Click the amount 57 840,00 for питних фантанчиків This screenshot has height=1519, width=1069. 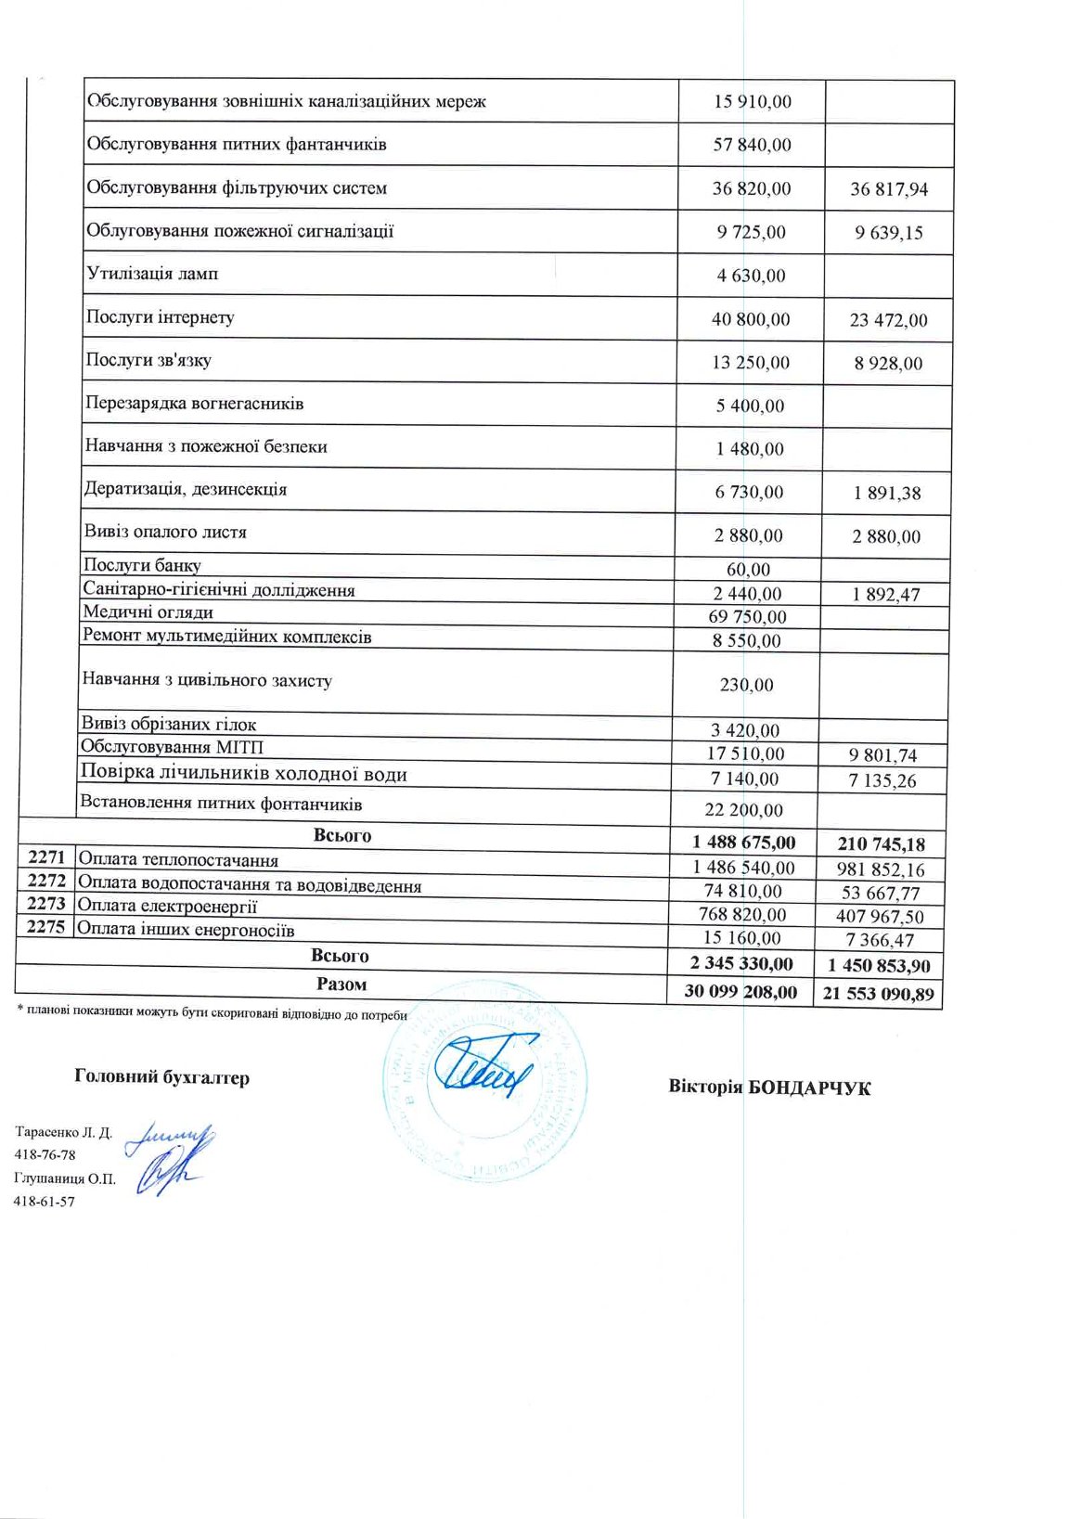point(752,145)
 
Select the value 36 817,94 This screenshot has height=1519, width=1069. point(888,189)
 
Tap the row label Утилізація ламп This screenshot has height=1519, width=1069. point(152,274)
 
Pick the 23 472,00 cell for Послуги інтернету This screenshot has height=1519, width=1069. point(888,320)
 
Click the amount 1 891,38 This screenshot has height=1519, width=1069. point(887,494)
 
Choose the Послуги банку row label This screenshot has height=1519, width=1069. point(142,565)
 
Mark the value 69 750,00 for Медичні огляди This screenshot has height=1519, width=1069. point(747,617)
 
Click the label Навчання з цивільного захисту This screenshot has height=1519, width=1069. point(206,680)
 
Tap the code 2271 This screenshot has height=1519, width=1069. point(45,858)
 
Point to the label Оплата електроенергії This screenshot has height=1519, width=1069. point(167,906)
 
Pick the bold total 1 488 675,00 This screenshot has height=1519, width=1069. point(743,843)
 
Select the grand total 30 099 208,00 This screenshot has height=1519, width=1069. point(741,991)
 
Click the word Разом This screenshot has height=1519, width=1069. point(341,985)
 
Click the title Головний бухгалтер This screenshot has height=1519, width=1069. point(161,1077)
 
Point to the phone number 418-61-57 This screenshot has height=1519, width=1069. point(44,1201)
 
